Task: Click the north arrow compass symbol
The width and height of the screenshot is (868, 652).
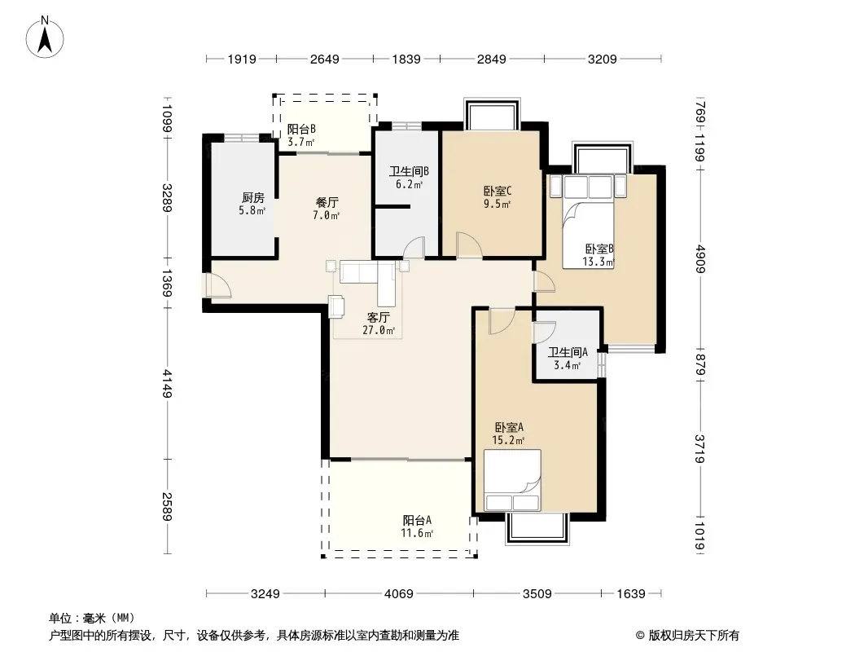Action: click(45, 37)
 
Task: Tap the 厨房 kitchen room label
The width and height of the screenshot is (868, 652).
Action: click(252, 203)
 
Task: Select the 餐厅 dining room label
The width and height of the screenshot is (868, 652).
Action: click(327, 209)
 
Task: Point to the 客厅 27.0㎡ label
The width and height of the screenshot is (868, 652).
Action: click(379, 324)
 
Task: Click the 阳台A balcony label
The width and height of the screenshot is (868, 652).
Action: click(417, 526)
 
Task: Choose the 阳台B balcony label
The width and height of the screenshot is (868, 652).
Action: click(301, 135)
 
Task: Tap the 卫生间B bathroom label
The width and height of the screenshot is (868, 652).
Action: click(409, 178)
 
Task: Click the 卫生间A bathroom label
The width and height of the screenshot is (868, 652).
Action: click(568, 359)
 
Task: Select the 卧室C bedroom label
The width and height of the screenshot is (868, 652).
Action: click(498, 196)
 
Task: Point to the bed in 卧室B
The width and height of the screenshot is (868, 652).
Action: click(588, 222)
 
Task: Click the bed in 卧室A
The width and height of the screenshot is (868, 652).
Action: click(512, 480)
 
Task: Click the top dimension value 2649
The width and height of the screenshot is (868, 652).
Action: click(324, 59)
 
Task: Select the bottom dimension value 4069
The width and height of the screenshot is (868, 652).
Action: click(398, 594)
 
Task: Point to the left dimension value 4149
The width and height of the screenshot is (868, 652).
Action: click(167, 384)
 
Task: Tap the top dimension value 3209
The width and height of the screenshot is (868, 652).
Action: click(602, 59)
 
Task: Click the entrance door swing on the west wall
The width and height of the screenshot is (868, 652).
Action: click(219, 286)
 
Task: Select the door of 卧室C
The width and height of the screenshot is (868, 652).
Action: click(469, 244)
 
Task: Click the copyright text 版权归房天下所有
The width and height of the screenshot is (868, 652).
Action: click(694, 636)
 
